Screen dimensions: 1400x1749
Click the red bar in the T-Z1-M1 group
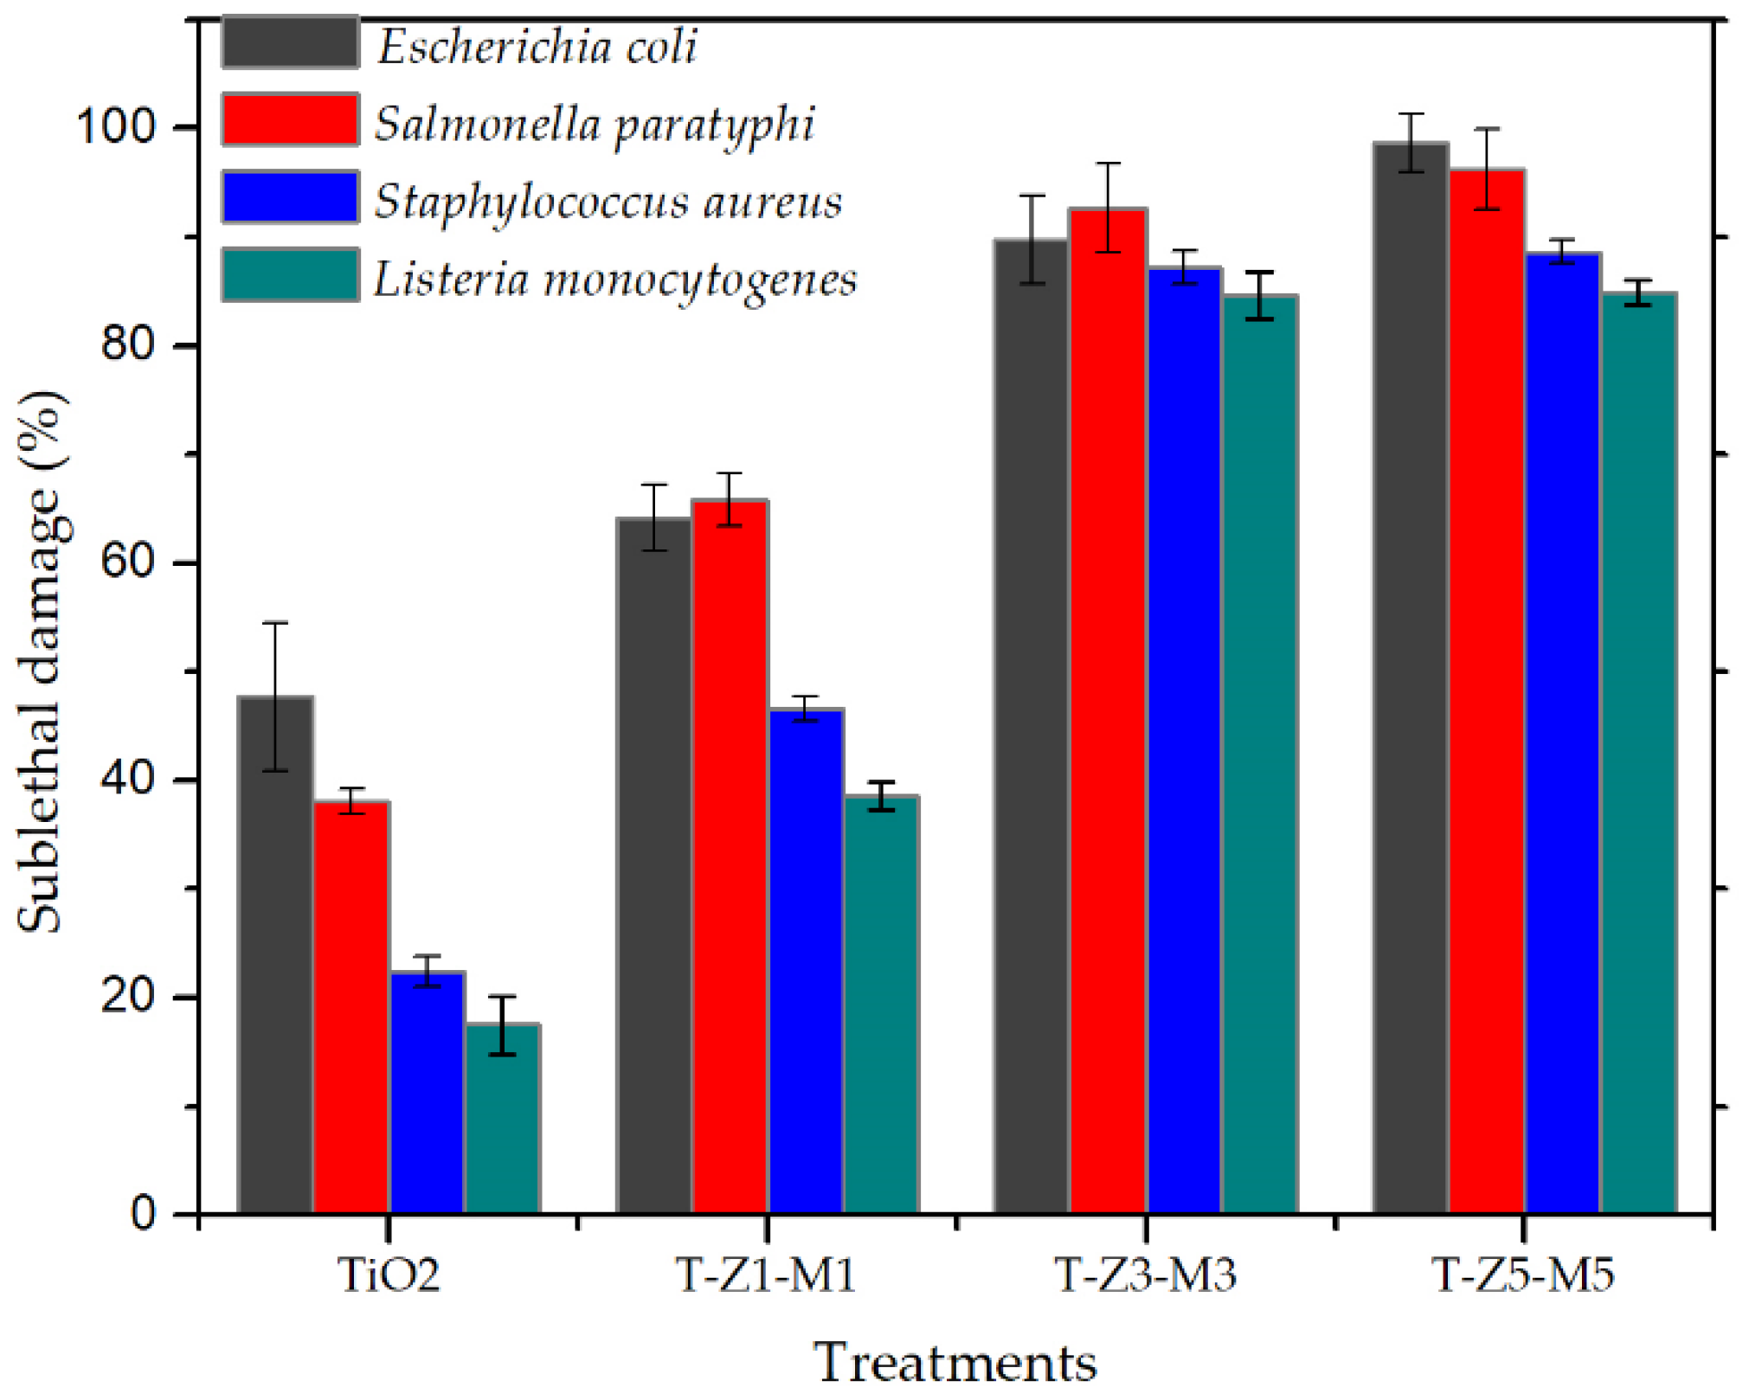pyautogui.click(x=730, y=857)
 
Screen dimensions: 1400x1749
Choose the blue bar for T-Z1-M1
pyautogui.click(x=806, y=960)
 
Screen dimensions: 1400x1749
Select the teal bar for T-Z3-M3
pyautogui.click(x=1259, y=753)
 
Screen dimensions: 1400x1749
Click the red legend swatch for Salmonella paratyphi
pyautogui.click(x=290, y=119)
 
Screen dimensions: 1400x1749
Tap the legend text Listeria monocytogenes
pyautogui.click(x=614, y=279)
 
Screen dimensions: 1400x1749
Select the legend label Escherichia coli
pyautogui.click(x=537, y=45)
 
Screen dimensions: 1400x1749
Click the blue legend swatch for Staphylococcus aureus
pyautogui.click(x=290, y=197)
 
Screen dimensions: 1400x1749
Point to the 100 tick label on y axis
pyautogui.click(x=116, y=126)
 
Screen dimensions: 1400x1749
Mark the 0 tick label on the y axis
pyautogui.click(x=143, y=1214)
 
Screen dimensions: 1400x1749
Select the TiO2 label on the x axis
pyautogui.click(x=389, y=1275)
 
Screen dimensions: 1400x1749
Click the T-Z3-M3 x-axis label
pyautogui.click(x=1145, y=1275)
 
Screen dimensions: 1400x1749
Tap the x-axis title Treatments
pyautogui.click(x=955, y=1364)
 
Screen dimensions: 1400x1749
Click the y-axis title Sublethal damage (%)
pyautogui.click(x=41, y=662)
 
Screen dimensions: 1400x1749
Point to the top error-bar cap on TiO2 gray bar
pyautogui.click(x=275, y=623)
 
